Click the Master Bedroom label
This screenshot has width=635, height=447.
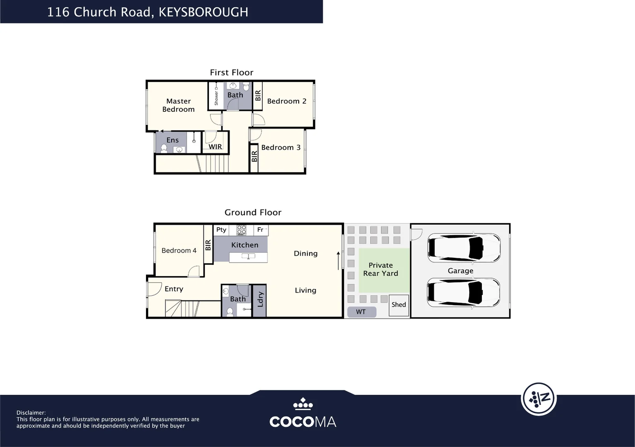(178, 105)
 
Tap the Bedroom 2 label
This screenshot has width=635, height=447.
(287, 101)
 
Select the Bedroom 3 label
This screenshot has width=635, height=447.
(280, 147)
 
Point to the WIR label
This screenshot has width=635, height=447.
(215, 147)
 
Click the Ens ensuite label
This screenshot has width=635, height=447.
(173, 140)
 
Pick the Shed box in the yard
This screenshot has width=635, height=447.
(399, 305)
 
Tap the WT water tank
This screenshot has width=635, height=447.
(361, 312)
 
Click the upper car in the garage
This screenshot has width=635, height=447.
(463, 248)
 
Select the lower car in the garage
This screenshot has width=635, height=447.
(463, 292)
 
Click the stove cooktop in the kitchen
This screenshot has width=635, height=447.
(241, 230)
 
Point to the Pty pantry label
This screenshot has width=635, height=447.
(221, 230)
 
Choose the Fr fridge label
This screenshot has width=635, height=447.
(260, 230)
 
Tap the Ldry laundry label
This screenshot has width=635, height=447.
(260, 300)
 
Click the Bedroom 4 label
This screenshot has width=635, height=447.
(179, 250)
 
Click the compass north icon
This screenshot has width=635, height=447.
(539, 399)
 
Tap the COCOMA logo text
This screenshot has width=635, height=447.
(302, 422)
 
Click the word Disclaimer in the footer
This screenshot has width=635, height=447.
(31, 413)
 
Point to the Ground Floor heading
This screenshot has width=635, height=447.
(253, 212)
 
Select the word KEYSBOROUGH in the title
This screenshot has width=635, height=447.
(203, 12)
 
